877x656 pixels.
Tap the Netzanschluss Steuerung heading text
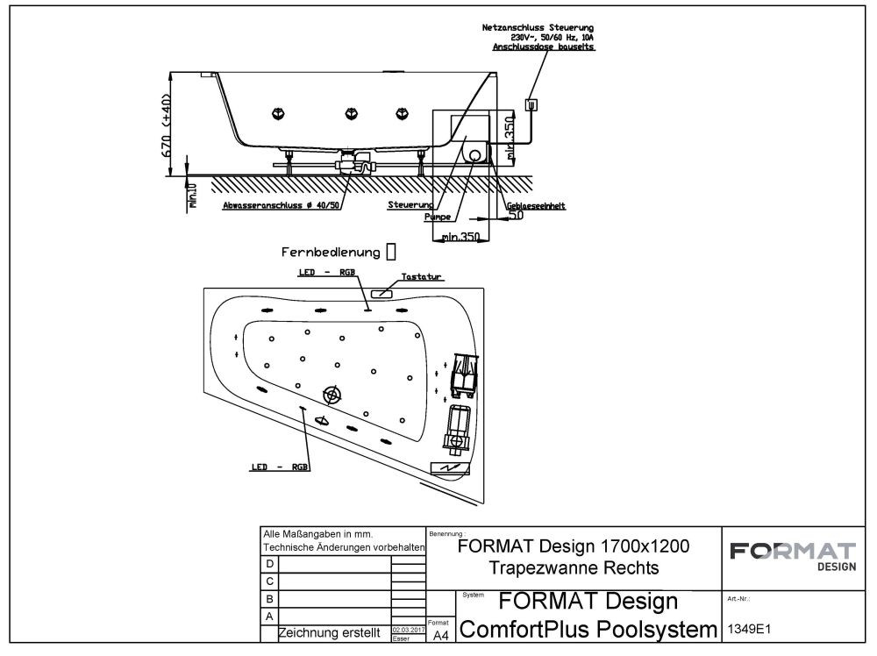(538, 28)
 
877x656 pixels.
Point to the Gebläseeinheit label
(536, 206)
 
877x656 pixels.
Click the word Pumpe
(437, 216)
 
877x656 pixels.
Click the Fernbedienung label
(331, 253)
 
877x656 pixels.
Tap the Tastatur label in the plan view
(421, 276)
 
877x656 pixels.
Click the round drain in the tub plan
(332, 396)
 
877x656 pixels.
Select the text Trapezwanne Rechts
(574, 567)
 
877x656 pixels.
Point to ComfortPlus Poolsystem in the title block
(588, 630)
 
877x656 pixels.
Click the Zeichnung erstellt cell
(329, 632)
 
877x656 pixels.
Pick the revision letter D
(269, 563)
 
